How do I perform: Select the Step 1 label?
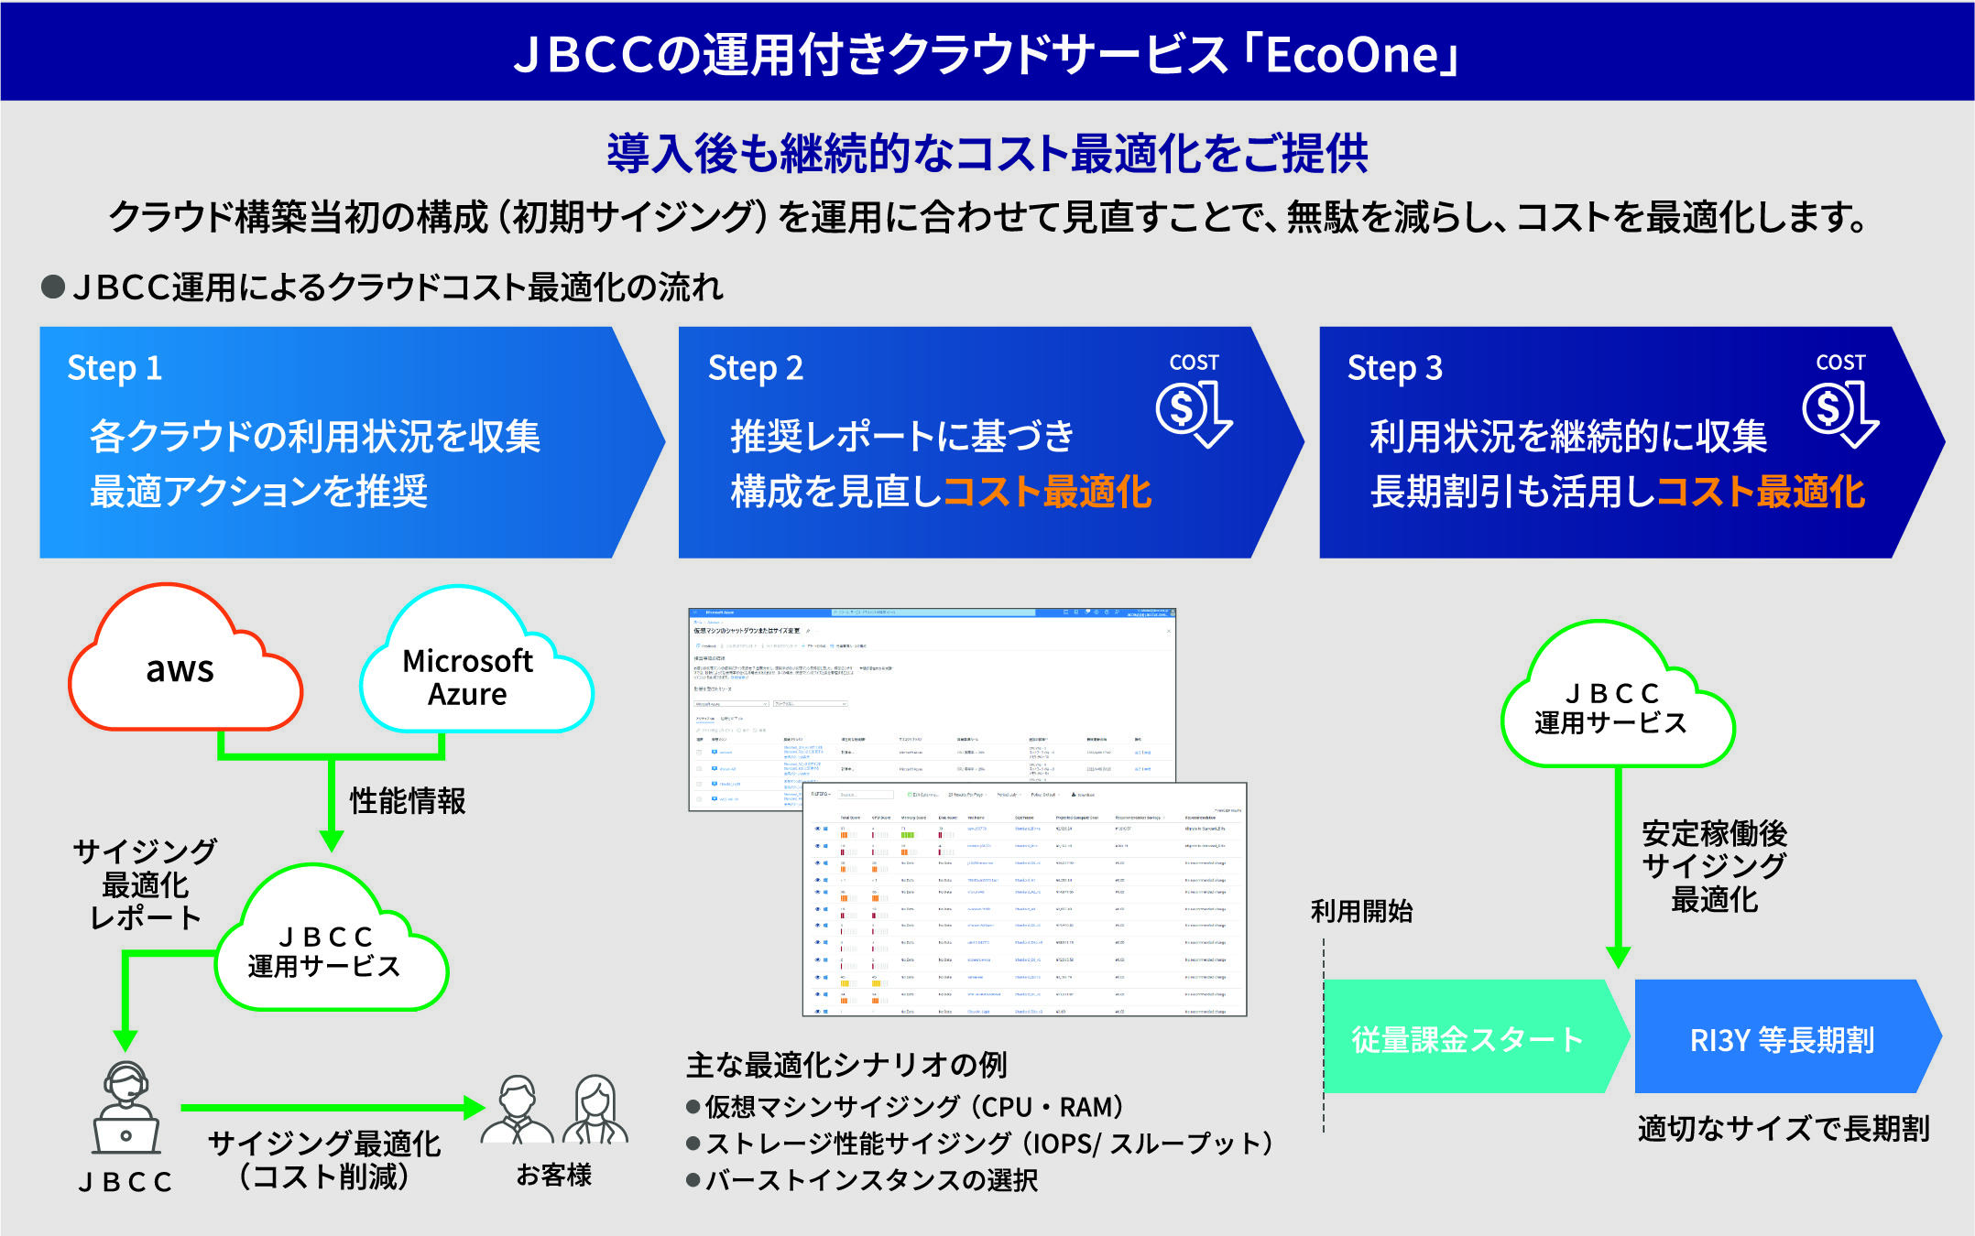(115, 368)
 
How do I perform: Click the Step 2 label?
(755, 368)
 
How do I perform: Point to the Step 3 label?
(1394, 368)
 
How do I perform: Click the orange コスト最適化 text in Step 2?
(1047, 492)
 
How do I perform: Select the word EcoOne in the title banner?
(1352, 55)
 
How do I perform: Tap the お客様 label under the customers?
(553, 1175)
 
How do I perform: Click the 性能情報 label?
(408, 801)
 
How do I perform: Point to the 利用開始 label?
(1361, 911)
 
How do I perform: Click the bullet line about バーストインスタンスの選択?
(870, 1180)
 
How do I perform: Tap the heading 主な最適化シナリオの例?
(846, 1065)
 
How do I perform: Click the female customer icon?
(595, 1110)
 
